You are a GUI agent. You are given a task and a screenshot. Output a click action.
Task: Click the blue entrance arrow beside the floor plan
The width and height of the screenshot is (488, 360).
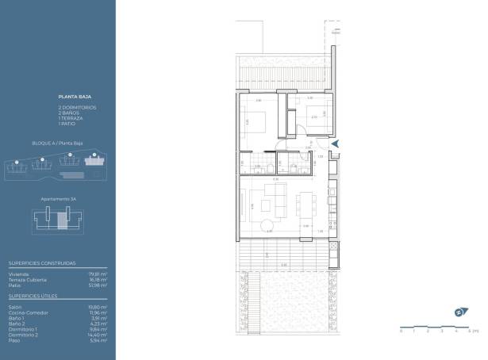(336, 144)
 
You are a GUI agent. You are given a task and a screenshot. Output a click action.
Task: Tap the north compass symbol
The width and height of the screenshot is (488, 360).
(459, 312)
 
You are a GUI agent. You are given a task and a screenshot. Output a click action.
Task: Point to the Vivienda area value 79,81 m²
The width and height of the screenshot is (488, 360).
(99, 274)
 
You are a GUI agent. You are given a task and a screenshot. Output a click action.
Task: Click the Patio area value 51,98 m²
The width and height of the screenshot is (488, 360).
(99, 284)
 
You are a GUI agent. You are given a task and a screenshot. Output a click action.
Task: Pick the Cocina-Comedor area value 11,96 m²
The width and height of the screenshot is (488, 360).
(99, 311)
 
